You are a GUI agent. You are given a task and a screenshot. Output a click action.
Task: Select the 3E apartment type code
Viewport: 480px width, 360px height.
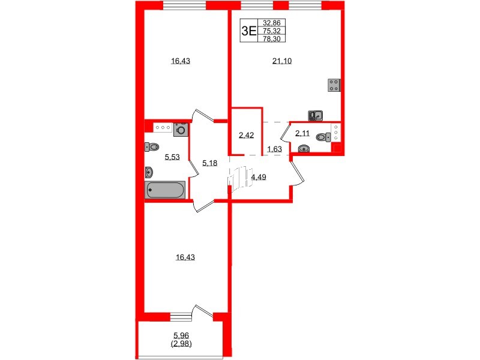(x=248, y=31)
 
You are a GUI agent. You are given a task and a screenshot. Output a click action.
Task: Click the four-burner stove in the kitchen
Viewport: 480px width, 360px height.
(x=335, y=85)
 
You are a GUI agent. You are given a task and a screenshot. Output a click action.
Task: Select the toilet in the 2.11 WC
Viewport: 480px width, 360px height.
(x=323, y=137)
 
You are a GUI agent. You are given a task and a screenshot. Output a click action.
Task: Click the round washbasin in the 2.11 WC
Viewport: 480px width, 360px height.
(x=304, y=149)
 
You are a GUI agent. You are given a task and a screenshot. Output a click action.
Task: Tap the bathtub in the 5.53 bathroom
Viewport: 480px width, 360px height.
(x=166, y=190)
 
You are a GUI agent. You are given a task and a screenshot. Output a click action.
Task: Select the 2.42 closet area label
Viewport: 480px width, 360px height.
(x=246, y=135)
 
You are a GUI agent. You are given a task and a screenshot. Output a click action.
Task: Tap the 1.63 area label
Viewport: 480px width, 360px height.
(x=274, y=149)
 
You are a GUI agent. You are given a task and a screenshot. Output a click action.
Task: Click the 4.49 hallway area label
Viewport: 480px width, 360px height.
(x=259, y=176)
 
